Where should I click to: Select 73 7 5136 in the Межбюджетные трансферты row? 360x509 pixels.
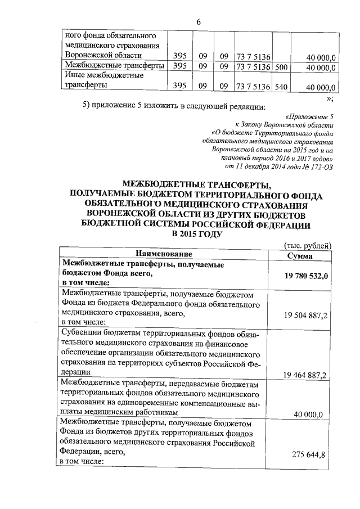point(254,66)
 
